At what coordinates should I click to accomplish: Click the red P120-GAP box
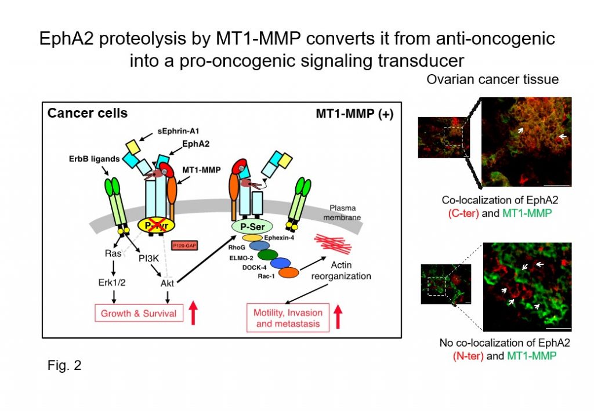(184, 246)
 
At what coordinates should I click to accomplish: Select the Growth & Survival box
(139, 313)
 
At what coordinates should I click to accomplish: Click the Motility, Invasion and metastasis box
(288, 318)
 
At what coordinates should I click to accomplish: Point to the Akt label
(167, 283)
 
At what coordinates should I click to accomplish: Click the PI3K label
(148, 259)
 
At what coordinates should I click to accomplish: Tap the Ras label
(113, 253)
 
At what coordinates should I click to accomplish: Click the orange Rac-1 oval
(289, 272)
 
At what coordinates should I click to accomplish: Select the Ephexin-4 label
(279, 238)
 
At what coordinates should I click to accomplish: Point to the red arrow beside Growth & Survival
(193, 312)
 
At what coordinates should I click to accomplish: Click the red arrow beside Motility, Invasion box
(338, 317)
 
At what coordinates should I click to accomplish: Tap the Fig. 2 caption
(64, 365)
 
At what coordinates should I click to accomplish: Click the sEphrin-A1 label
(178, 132)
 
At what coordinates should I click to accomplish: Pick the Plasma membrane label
(342, 213)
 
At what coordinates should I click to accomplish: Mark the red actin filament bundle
(332, 243)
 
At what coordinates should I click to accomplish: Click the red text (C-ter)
(463, 213)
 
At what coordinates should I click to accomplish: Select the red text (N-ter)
(468, 356)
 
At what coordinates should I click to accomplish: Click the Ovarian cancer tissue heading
(492, 79)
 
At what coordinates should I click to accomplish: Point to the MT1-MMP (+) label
(354, 114)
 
